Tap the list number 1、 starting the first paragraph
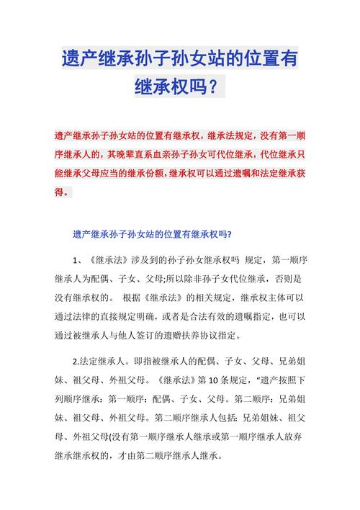[78, 259]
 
